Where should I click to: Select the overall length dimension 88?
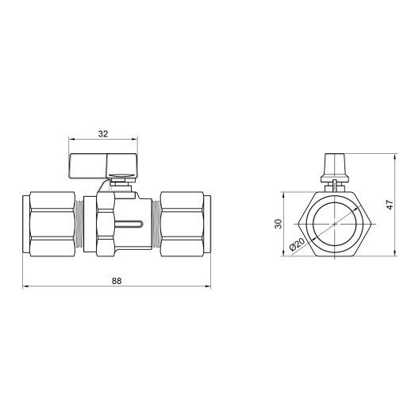[x=117, y=280]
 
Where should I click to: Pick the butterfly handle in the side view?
[x=98, y=164]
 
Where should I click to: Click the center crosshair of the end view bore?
[x=336, y=224]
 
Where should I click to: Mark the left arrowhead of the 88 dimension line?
[x=24, y=286]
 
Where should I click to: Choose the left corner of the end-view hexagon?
[x=299, y=224]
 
